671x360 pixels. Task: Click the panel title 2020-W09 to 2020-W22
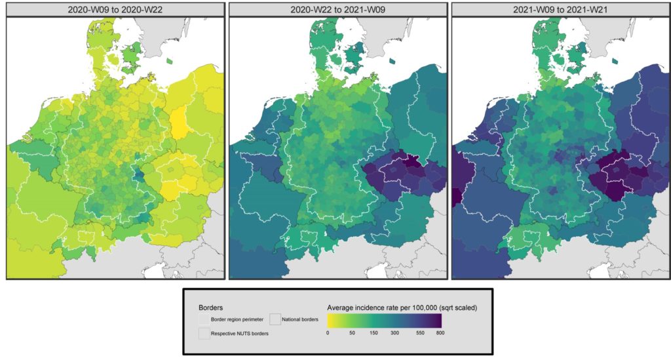coord(115,9)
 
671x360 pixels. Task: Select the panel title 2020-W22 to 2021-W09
coord(338,9)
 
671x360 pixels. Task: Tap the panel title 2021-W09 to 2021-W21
coord(560,9)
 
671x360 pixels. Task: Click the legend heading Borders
coord(210,306)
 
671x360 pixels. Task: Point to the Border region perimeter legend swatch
coord(203,319)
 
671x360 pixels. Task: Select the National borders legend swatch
coord(275,319)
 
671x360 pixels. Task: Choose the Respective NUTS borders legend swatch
coord(203,333)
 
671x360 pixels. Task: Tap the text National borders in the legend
coord(300,320)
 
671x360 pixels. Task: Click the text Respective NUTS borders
coord(239,334)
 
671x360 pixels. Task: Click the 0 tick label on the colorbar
coord(328,333)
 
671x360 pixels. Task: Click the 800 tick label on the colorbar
coord(440,333)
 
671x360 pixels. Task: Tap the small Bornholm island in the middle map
coord(392,61)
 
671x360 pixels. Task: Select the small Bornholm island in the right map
coord(615,61)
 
